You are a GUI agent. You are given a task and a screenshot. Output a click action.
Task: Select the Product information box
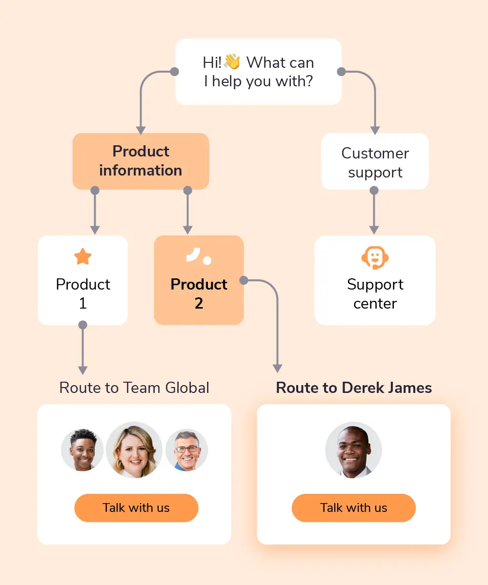[141, 161]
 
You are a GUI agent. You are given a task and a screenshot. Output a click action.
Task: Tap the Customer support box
[375, 162]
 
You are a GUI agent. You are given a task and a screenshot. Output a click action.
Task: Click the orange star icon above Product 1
[82, 256]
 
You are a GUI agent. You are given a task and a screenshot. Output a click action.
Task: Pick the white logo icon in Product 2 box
[199, 256]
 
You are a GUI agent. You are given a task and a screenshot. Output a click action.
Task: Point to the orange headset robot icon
[375, 257]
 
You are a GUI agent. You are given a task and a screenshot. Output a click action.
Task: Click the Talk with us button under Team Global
[136, 507]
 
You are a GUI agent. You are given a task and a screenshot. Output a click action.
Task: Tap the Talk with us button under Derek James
[353, 507]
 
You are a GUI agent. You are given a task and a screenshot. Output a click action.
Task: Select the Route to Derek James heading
[354, 388]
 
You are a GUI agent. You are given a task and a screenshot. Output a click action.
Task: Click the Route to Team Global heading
[134, 388]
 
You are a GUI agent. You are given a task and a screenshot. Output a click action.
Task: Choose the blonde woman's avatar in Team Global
[134, 449]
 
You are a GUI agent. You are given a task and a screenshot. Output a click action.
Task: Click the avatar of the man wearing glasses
[186, 450]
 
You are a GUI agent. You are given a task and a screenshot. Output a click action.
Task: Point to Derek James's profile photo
[353, 449]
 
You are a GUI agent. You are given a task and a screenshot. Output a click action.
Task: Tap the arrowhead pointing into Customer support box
[375, 130]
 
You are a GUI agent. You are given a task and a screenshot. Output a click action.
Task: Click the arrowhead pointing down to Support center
[374, 229]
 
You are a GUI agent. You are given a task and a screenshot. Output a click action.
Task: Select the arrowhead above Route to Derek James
[277, 368]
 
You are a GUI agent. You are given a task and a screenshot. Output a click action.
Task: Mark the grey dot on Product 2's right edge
[244, 280]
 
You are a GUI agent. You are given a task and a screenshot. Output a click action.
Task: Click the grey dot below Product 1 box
[82, 325]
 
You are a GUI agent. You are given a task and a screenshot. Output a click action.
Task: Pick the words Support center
[375, 293]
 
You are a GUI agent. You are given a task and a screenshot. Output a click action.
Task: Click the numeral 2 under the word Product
[199, 303]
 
